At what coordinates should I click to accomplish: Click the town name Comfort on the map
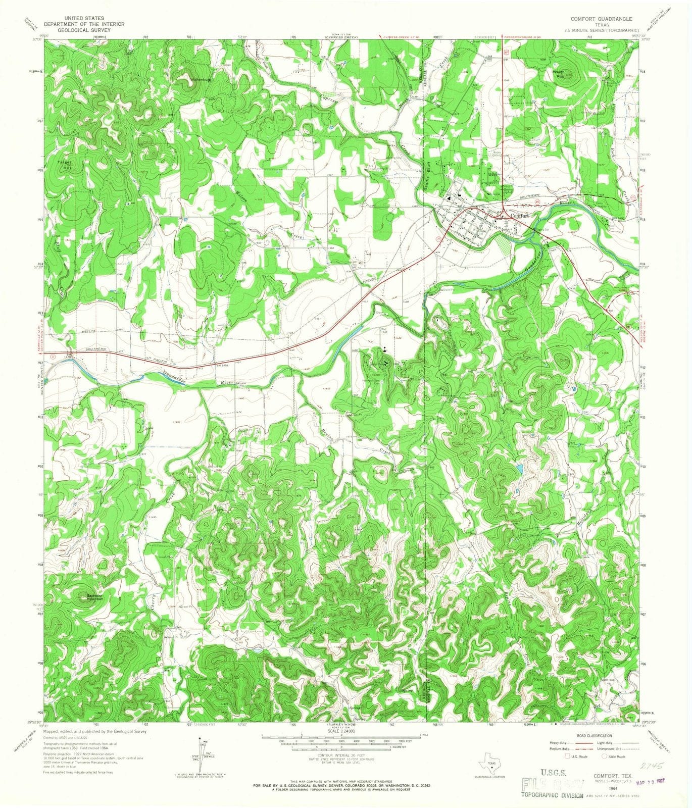point(520,216)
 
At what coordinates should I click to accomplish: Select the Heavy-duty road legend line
point(585,743)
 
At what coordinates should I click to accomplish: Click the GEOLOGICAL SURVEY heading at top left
point(77,29)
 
